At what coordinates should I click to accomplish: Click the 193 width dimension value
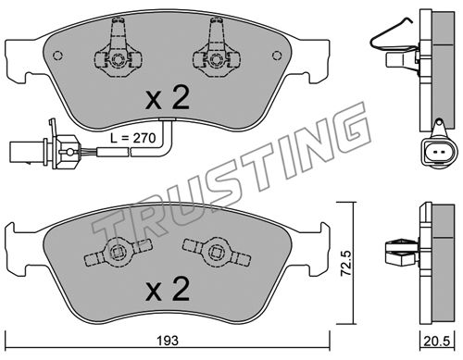[x=168, y=341]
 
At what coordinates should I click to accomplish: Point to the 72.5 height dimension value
[x=346, y=264]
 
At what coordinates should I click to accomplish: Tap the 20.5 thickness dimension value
[x=437, y=341]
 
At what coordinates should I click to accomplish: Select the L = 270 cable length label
[x=133, y=138]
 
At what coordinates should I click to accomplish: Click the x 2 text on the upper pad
[x=167, y=98]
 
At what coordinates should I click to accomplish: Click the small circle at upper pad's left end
[x=57, y=56]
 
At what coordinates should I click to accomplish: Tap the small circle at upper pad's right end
[x=277, y=56]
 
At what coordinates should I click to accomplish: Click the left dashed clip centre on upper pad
[x=118, y=58]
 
